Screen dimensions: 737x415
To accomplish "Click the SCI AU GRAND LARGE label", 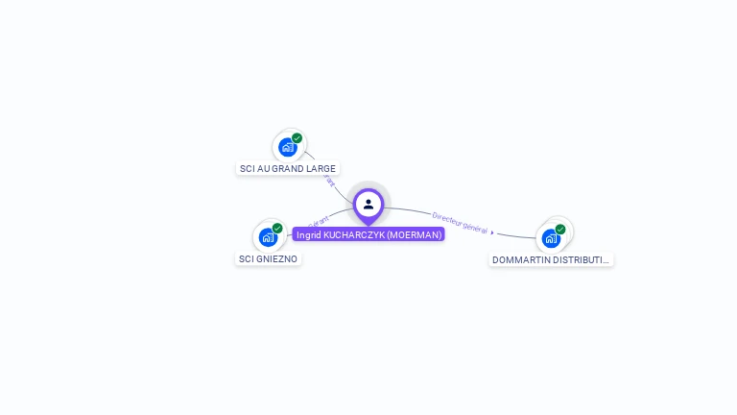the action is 288,168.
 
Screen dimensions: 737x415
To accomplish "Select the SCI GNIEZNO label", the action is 269,258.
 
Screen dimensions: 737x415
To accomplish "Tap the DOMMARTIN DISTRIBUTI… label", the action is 551,259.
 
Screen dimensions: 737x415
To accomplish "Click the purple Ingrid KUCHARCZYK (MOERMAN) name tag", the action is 368,234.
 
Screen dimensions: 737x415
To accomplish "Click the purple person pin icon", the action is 368,204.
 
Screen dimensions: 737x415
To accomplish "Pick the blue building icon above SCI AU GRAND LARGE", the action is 286,148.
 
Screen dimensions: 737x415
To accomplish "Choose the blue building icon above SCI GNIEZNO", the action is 267,237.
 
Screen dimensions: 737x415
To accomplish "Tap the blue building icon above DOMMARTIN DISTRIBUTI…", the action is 550,238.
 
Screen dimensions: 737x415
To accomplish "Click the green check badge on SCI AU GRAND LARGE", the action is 297,138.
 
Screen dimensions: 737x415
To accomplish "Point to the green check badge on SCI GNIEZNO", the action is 277,229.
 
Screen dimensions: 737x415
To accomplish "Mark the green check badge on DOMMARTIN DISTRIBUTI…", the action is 560,230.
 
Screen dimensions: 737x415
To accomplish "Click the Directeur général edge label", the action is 460,223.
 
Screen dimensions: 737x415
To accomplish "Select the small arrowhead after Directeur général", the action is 492,232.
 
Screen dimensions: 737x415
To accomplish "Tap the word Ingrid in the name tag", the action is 308,234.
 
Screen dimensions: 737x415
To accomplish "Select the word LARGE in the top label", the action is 321,168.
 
